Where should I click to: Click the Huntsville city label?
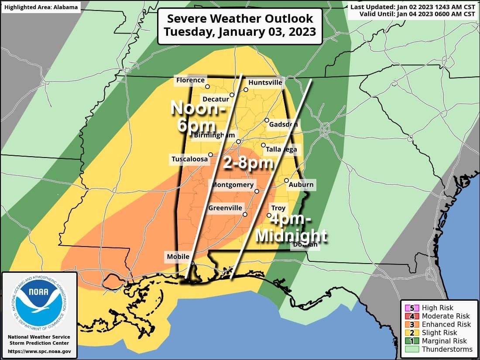pyautogui.click(x=265, y=82)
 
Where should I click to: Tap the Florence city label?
pyautogui.click(x=190, y=80)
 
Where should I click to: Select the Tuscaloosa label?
pyautogui.click(x=189, y=159)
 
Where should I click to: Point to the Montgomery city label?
pyautogui.click(x=233, y=185)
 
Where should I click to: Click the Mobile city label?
pyautogui.click(x=178, y=257)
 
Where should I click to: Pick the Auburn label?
pyautogui.click(x=301, y=185)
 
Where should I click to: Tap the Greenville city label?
pyautogui.click(x=225, y=208)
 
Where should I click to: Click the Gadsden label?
pyautogui.click(x=283, y=124)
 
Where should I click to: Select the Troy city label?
pyautogui.click(x=278, y=209)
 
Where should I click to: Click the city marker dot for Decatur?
pyautogui.click(x=232, y=95)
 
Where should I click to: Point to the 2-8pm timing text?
pyautogui.click(x=248, y=163)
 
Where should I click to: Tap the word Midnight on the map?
pyautogui.click(x=291, y=236)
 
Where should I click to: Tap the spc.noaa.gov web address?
pyautogui.click(x=39, y=351)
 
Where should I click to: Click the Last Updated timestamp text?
pyautogui.click(x=412, y=7)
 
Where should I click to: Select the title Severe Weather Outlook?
pyautogui.click(x=240, y=19)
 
